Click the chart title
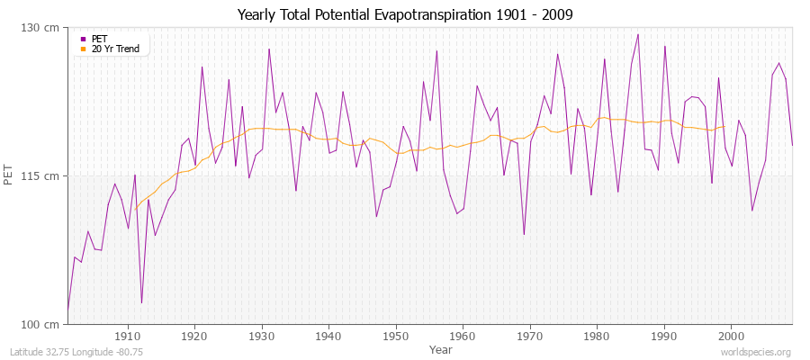pos(405,14)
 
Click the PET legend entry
pos(99,39)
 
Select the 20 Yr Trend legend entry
pos(115,49)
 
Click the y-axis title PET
pos(10,175)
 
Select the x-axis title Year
pos(441,349)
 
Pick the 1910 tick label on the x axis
pos(128,337)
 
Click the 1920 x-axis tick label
pos(194,337)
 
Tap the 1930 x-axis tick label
pos(262,337)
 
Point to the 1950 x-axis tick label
pos(396,337)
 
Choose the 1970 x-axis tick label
pos(530,337)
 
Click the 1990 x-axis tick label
pos(664,337)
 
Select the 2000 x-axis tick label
pos(731,337)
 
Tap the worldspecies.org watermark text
pos(756,352)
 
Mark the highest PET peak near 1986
pos(638,34)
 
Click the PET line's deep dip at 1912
pos(141,302)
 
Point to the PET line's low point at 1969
pos(524,235)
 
